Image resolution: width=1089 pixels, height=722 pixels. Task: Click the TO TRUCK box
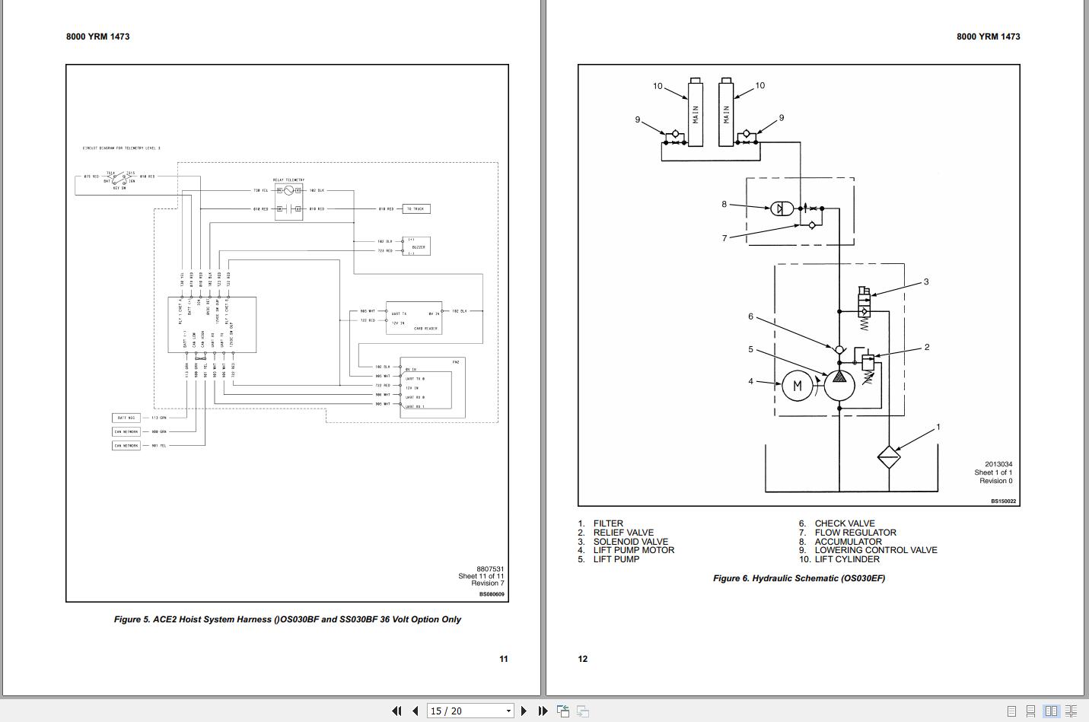pos(416,208)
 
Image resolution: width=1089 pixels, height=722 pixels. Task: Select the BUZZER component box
pos(417,246)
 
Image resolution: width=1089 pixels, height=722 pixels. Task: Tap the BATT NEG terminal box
pos(126,418)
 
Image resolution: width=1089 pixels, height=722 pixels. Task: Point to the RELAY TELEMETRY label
pos(288,180)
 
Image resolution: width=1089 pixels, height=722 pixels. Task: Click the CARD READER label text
pos(424,329)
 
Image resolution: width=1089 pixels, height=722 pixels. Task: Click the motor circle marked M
pos(798,386)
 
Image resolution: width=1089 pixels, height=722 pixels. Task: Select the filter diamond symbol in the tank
pos(889,457)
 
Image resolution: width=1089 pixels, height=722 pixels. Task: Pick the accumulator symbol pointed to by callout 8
pos(782,208)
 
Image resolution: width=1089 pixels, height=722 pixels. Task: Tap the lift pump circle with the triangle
pos(839,384)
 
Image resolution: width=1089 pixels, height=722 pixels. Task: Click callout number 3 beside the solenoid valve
pos(926,281)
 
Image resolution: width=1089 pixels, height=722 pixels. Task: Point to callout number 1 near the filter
pos(938,427)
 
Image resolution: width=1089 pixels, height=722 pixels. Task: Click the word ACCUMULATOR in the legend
pos(848,542)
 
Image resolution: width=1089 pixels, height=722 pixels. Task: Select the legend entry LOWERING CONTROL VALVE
pos(875,550)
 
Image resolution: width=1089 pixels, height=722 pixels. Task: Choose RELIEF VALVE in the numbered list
pos(623,533)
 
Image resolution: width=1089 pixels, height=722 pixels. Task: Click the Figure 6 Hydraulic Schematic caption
pos(798,578)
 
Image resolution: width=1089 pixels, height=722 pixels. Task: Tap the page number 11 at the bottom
pos(503,659)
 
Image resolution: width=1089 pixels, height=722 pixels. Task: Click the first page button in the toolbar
pos(396,711)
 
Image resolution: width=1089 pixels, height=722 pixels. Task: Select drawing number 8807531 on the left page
pos(490,569)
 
